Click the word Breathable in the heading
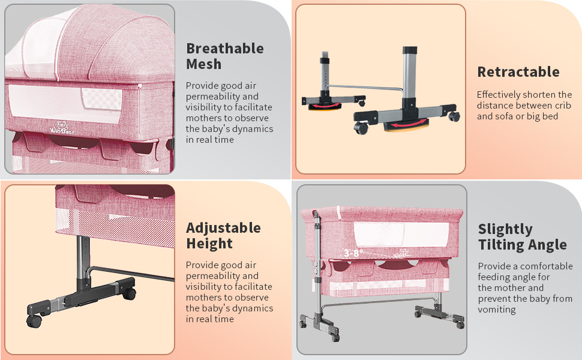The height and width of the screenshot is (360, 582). (225, 49)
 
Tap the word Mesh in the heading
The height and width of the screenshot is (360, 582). (204, 64)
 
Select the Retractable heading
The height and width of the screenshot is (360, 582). (518, 71)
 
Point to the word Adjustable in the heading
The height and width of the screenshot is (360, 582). (223, 228)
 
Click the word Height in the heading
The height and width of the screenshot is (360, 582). (209, 244)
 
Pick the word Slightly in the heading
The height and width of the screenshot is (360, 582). (505, 229)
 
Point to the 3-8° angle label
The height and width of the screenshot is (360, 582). (353, 253)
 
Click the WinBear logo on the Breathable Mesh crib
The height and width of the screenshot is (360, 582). (62, 128)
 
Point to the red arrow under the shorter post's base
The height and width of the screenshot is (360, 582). (325, 106)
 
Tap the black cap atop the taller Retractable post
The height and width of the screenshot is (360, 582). (410, 50)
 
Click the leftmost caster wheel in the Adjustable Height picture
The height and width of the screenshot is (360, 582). (34, 321)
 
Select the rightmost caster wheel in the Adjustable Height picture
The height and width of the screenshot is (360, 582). (129, 294)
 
